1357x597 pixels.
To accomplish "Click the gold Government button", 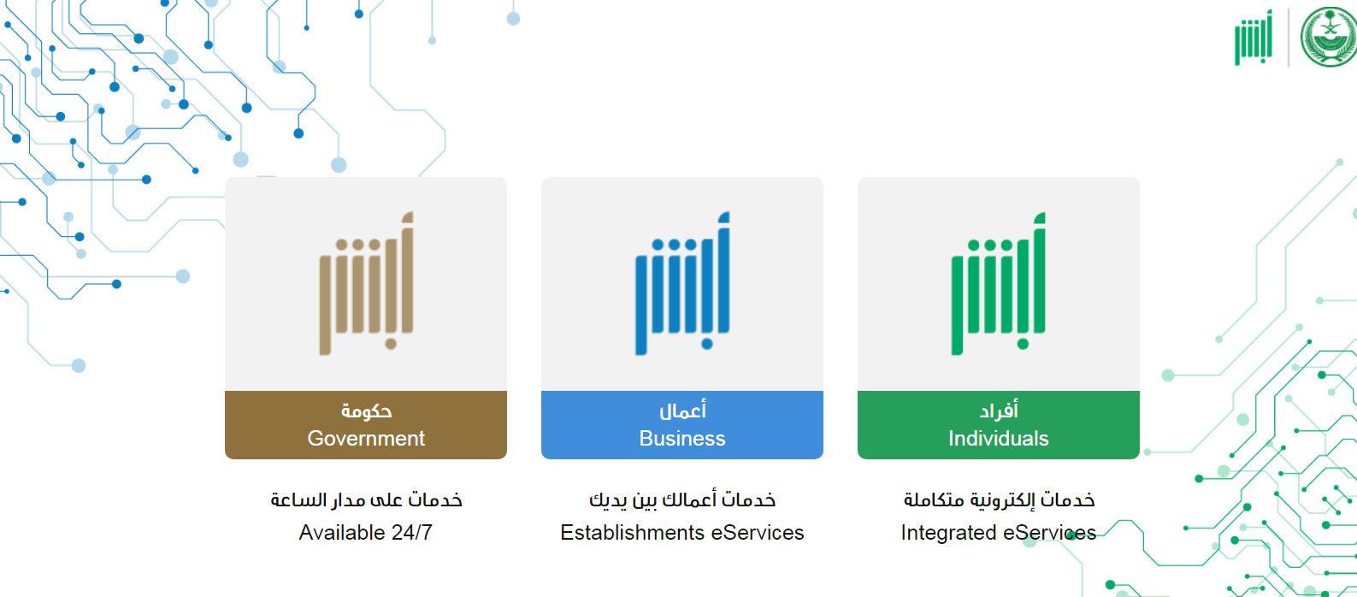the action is pos(366,425).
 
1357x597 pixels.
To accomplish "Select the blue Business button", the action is pos(682,425).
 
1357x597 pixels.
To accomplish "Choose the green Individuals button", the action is pos(999,425).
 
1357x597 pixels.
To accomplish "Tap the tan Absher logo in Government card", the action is pos(367,283).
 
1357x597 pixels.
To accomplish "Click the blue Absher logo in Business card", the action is pos(682,283).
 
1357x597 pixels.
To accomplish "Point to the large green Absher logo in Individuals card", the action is pos(999,283).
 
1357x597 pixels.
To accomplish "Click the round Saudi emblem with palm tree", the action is pos(1329,37).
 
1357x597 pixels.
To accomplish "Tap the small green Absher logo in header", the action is pos(1254,38).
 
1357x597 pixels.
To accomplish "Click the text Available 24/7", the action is pos(365,532).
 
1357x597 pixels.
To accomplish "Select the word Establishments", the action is pos(632,532).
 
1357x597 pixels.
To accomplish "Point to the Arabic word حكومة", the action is pos(366,411).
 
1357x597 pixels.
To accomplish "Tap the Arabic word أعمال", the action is pos(682,411).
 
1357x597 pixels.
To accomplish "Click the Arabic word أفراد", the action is pos(999,411).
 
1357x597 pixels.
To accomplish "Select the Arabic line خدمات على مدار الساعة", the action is pos(366,500).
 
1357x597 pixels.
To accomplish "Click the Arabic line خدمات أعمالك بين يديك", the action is pos(682,500).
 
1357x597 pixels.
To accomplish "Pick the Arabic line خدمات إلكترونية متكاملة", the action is pos(999,500).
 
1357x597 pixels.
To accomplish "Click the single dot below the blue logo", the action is pos(707,345).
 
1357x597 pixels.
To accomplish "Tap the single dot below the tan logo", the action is pos(391,345).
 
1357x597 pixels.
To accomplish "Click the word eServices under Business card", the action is pos(758,532).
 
